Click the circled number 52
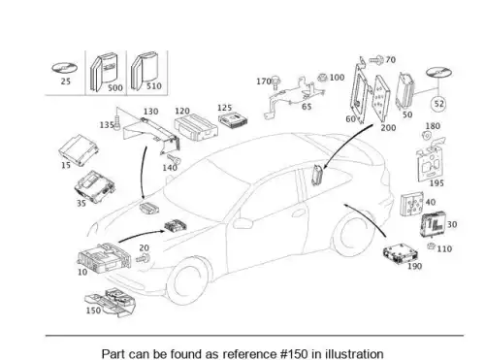point(438,104)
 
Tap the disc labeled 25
point(65,68)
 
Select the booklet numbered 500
point(103,72)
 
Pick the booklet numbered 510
point(144,70)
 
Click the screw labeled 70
point(376,59)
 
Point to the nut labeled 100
point(322,78)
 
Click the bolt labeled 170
point(275,82)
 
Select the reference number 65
point(307,106)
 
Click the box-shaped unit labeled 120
point(196,126)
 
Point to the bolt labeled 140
point(175,159)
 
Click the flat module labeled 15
point(79,150)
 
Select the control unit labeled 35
point(95,186)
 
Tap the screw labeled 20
point(143,259)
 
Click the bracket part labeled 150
point(111,303)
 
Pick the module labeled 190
point(400,252)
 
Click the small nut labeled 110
point(431,246)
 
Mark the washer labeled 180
point(427,136)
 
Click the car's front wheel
point(187,279)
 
